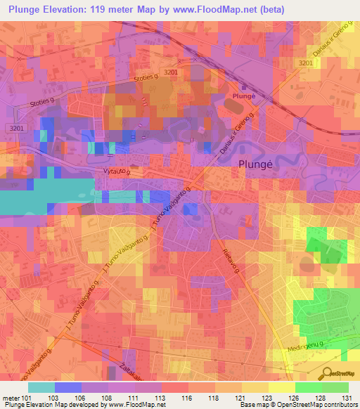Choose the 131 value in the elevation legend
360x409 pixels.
point(347,398)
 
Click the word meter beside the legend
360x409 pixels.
point(12,398)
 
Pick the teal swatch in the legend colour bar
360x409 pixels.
point(41,387)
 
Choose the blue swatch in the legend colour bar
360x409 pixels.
point(67,387)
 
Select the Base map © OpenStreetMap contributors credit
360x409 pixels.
point(302,405)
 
